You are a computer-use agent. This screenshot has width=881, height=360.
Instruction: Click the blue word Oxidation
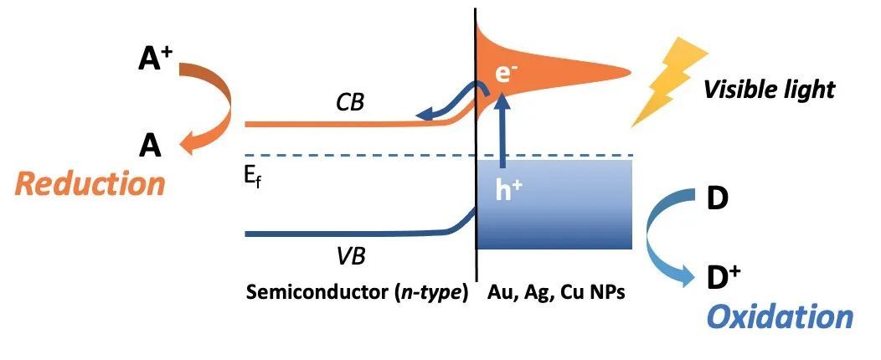pos(781,316)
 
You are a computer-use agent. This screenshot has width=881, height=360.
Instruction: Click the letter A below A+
pos(150,147)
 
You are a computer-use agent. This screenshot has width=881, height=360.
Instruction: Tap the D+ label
pos(722,275)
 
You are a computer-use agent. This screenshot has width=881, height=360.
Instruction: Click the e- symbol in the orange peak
pos(504,74)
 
